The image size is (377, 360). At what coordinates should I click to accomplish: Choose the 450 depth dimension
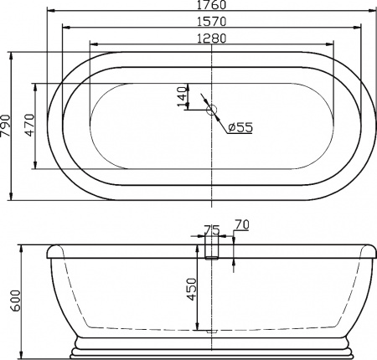click(192, 290)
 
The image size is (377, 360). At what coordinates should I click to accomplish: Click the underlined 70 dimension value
click(243, 224)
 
